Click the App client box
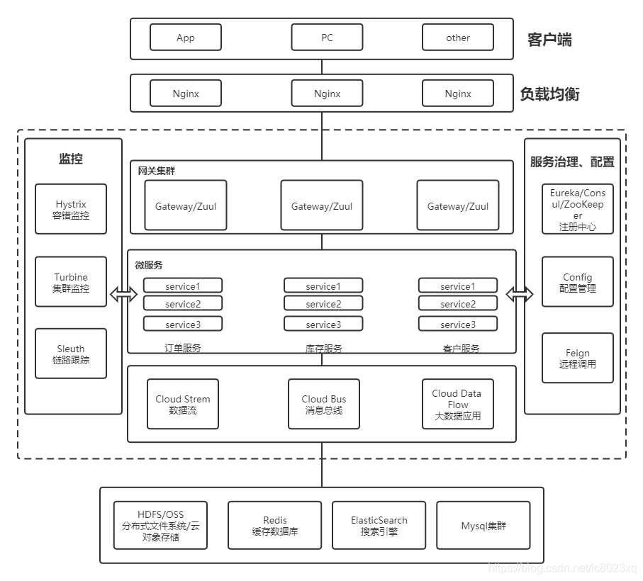[186, 38]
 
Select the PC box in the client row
[327, 38]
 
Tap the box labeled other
[458, 38]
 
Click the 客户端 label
[549, 40]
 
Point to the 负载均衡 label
[549, 94]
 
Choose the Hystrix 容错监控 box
[71, 209]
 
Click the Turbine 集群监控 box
[71, 282]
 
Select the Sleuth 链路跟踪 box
[71, 354]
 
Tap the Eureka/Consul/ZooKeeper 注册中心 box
[578, 209]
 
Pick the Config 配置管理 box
[578, 282]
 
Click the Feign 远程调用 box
[578, 358]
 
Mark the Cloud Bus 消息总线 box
[324, 404]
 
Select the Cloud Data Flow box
[457, 404]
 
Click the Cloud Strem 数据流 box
[183, 404]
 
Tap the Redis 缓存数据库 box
[275, 525]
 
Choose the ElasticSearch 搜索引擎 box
[379, 525]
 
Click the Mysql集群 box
[483, 525]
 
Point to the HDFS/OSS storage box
[160, 525]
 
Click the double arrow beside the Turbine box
[123, 295]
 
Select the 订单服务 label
[182, 348]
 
